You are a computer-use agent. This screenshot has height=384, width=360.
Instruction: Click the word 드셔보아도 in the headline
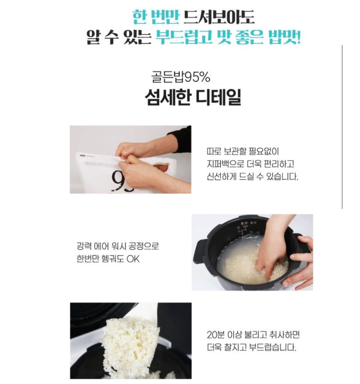(219, 17)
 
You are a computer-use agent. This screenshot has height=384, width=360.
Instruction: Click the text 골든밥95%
(181, 77)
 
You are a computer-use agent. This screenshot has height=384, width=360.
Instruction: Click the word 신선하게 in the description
(222, 177)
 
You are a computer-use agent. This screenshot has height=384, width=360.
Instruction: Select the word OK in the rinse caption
(133, 259)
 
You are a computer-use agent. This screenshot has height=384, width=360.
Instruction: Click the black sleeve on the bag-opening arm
(180, 139)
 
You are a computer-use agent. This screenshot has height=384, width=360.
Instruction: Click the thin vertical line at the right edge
(342, 127)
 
